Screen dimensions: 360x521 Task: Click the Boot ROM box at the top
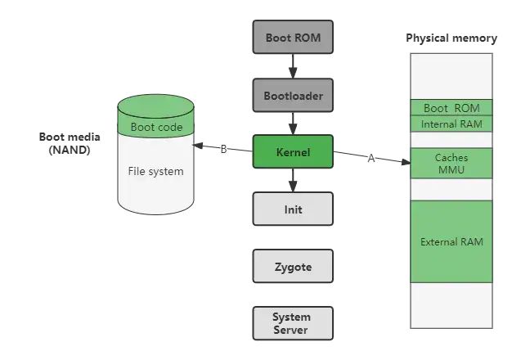pos(293,38)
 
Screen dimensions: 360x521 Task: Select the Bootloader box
pos(293,96)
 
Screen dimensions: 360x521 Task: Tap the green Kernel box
pos(293,152)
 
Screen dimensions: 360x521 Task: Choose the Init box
pos(293,209)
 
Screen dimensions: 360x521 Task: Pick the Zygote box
pos(293,267)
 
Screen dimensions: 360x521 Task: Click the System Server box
pos(293,323)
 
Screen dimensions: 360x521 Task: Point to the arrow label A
pos(371,159)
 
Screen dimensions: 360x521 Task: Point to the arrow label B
pos(223,149)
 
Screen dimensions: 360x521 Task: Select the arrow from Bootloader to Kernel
pos(293,124)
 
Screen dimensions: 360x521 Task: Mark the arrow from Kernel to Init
pos(293,181)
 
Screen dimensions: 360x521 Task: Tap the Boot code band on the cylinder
pos(156,127)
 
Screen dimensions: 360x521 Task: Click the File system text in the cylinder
pos(155,171)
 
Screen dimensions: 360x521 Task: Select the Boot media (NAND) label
pos(70,143)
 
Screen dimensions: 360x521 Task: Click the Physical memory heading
pos(451,38)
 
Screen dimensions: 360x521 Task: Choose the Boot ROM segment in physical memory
pos(451,108)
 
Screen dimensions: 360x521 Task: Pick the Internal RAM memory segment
pos(451,124)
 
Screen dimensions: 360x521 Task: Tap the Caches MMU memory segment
pos(451,163)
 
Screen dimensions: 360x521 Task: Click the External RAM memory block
pos(451,241)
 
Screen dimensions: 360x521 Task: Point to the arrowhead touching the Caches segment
pos(406,162)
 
